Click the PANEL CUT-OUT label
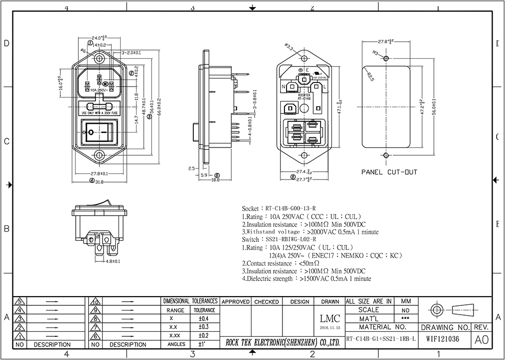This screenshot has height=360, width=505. (389, 172)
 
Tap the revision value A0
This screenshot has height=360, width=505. (480, 340)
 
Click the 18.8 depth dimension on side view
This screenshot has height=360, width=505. (215, 179)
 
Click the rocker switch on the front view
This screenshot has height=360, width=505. (99, 133)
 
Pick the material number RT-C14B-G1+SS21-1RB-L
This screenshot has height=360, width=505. (380, 340)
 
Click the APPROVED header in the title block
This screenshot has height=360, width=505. (235, 302)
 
